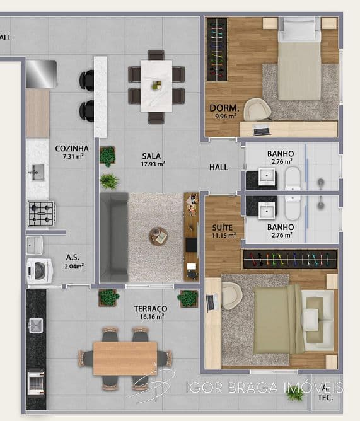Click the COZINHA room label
pos(72,149)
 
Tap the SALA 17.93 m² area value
pos(153,164)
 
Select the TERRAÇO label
pos(151,309)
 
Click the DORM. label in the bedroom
pos(224,108)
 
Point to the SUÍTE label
pos(222,228)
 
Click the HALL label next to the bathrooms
pos(218,167)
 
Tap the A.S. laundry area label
pos(73,257)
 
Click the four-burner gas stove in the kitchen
pos(41,214)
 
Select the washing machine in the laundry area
pos(39,270)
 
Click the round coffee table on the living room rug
pos(158,236)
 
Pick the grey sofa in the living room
pos(114,237)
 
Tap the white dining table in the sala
pos(156,86)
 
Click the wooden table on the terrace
pos(125,359)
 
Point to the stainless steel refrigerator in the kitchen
pos(41,74)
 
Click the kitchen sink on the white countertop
pos(38,173)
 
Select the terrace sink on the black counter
pos(36,325)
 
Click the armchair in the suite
pos(232,296)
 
